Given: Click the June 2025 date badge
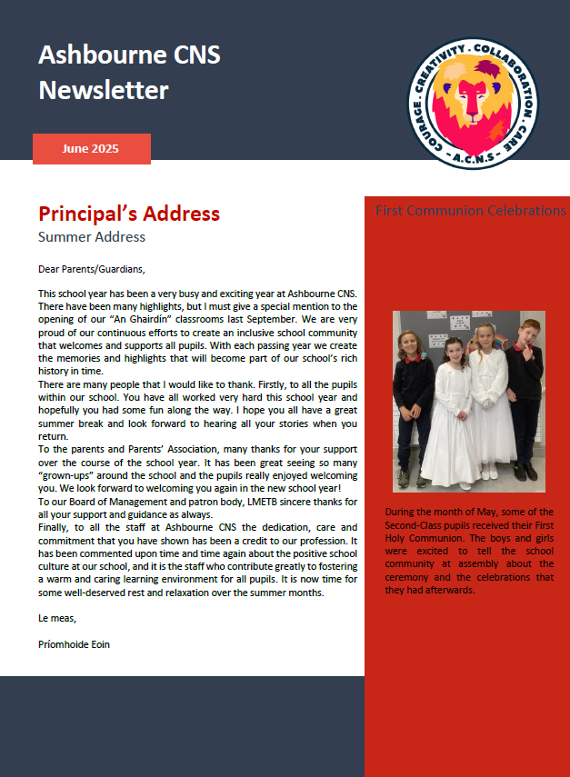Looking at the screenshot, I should tap(91, 148).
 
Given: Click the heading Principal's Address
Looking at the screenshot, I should tap(129, 214).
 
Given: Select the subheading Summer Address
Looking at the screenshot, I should tap(92, 237).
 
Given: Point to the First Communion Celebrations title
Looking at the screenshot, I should tap(471, 211).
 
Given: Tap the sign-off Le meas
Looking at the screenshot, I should tap(57, 619).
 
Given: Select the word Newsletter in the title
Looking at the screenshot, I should tap(104, 90).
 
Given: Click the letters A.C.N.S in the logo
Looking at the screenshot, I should tap(473, 160).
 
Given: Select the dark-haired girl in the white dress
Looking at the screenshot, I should tap(452, 409).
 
